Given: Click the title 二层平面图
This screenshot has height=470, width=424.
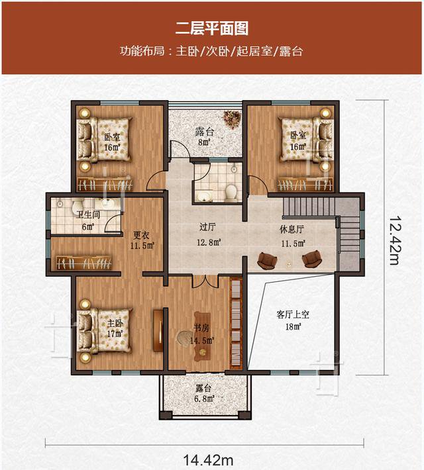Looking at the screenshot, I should (x=212, y=28).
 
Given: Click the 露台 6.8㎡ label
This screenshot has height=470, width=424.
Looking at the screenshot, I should (x=203, y=393).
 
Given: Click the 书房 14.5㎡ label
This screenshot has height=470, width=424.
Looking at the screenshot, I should (x=203, y=334).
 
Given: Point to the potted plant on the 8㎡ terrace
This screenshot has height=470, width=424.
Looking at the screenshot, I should (x=231, y=118).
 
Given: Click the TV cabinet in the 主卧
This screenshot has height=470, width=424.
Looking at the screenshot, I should (x=158, y=330).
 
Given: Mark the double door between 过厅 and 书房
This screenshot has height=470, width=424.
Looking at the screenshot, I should (x=205, y=280).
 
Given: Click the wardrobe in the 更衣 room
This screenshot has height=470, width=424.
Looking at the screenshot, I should (x=83, y=263).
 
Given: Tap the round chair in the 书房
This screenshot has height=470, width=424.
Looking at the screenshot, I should (x=184, y=338).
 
